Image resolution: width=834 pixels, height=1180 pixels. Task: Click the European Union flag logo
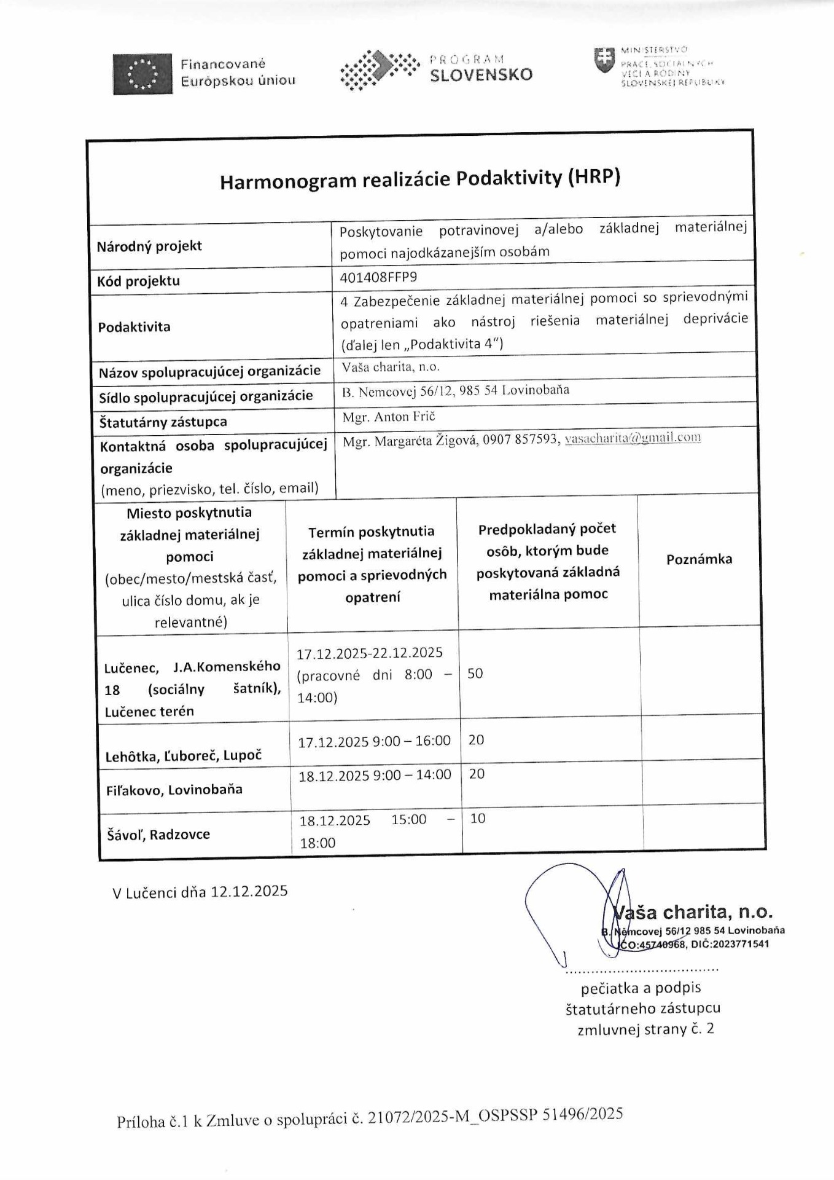142,74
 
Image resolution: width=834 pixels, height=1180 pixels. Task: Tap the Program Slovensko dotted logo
379,70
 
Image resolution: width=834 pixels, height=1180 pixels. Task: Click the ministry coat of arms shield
604,60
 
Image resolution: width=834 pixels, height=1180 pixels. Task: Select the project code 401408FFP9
378,277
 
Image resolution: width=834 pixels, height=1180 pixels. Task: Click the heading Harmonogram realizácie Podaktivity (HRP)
420,179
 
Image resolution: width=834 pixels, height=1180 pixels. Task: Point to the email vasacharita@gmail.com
633,438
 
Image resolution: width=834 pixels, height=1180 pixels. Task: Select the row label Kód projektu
139,281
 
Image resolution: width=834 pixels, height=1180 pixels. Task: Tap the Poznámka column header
699,559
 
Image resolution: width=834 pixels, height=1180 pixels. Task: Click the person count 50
475,674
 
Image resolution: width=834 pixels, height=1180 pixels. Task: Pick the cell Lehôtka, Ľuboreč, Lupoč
184,755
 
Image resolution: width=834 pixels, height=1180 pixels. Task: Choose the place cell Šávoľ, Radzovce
158,834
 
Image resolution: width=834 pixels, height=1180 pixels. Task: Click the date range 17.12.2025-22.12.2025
370,653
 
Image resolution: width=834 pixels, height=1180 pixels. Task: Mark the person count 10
477,818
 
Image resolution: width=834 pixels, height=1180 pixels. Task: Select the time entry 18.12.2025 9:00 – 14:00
375,775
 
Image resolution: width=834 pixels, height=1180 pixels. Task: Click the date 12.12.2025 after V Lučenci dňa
249,891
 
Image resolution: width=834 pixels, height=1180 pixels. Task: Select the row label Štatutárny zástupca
163,422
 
